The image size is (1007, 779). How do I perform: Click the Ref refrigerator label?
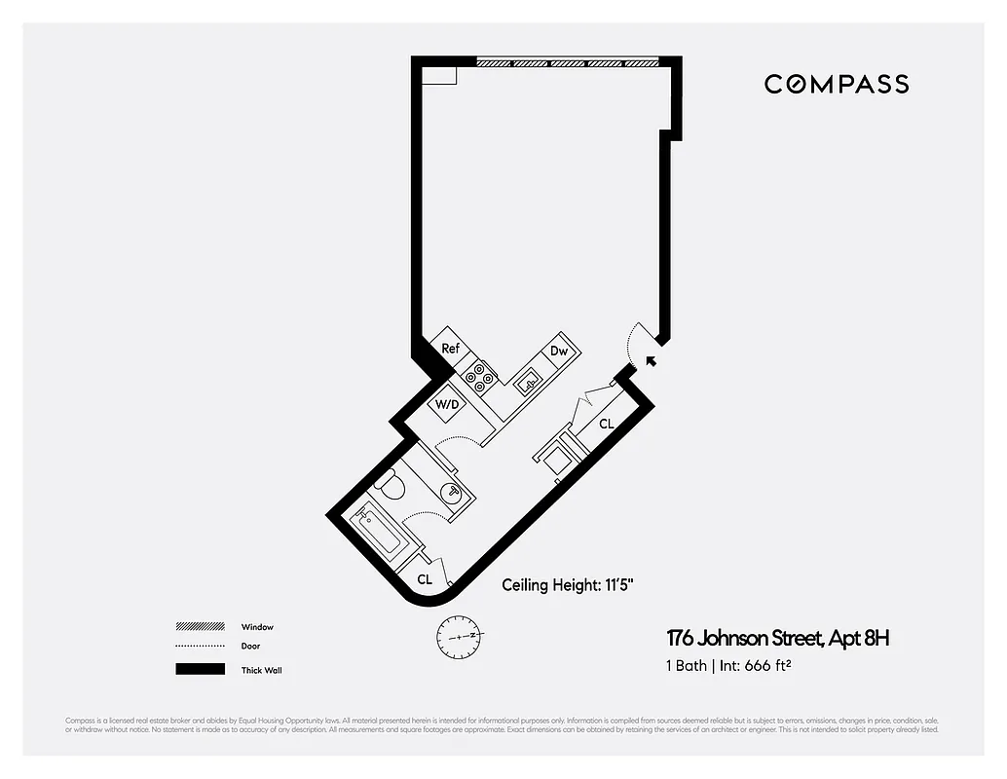(450, 348)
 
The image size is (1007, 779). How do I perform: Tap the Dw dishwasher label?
(559, 351)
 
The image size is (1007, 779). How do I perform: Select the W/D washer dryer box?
(447, 403)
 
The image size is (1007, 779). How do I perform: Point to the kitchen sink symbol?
(528, 383)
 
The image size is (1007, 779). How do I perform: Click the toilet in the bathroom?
(392, 484)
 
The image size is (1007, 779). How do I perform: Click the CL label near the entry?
(606, 424)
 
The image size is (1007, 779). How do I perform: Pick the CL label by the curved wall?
(425, 578)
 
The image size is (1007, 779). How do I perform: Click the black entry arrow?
(650, 361)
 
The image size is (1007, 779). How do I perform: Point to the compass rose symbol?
(461, 636)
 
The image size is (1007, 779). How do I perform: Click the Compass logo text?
(836, 84)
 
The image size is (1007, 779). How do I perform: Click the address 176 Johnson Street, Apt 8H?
(777, 639)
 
